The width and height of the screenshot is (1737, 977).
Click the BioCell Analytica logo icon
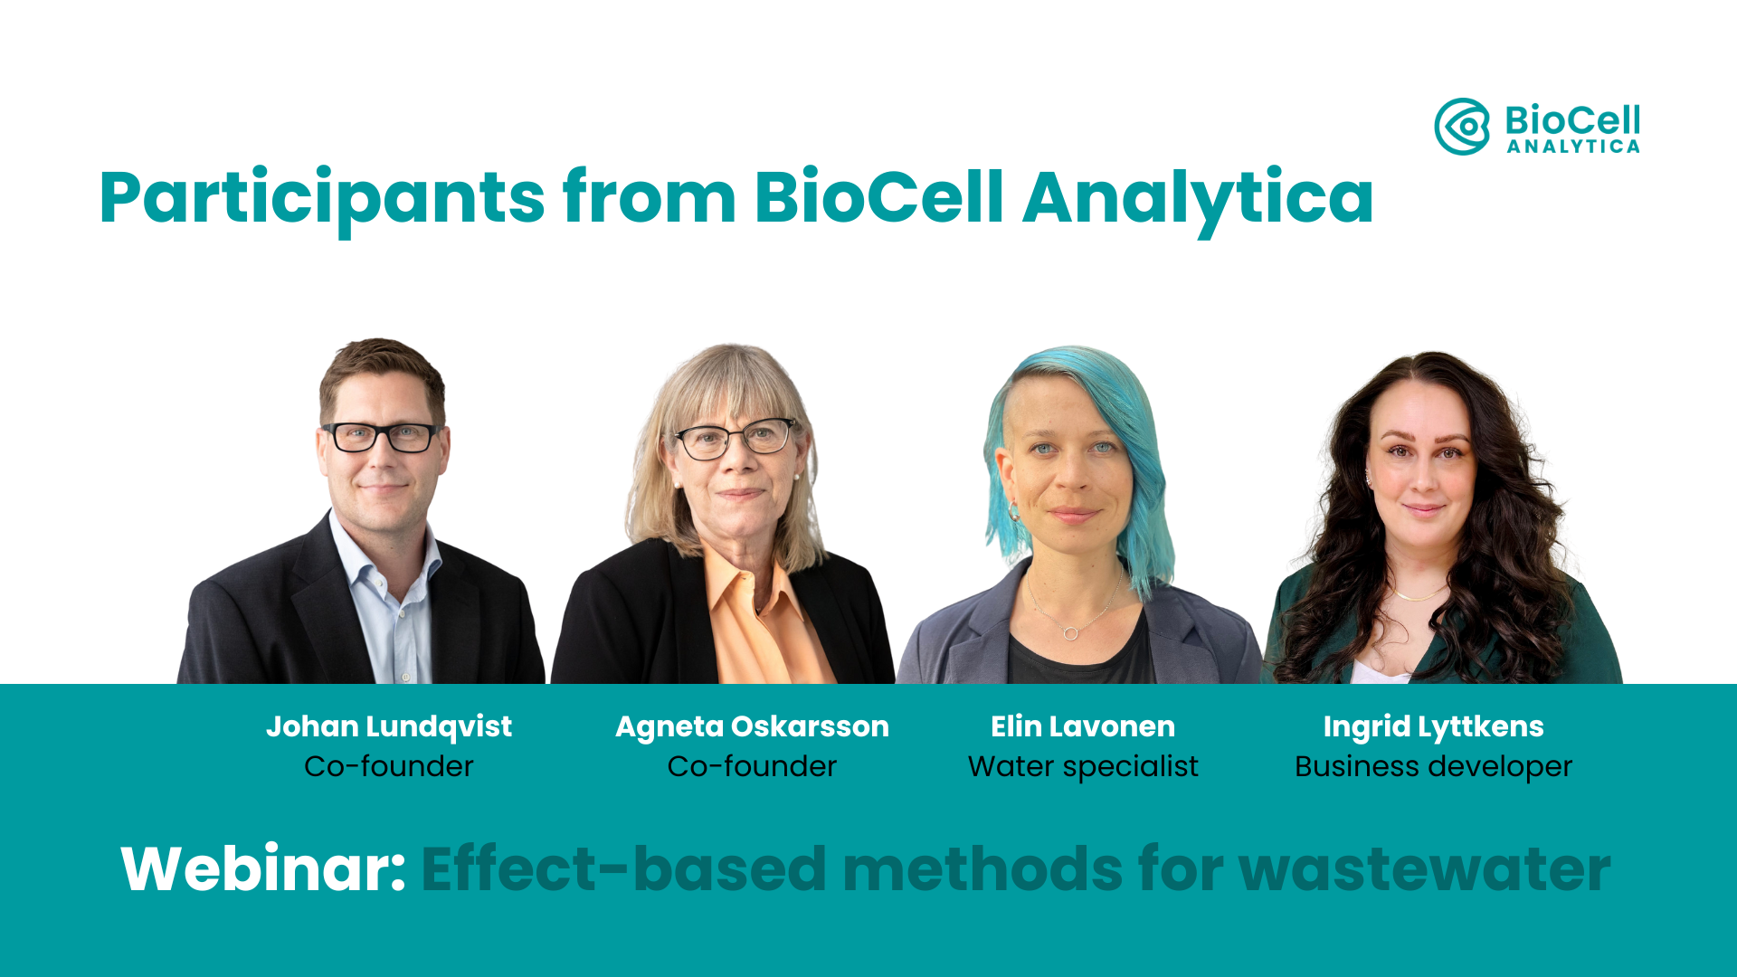[1462, 127]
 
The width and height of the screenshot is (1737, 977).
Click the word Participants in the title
[322, 197]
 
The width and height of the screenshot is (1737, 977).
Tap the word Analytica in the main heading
[1198, 197]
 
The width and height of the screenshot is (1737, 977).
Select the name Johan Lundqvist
[389, 726]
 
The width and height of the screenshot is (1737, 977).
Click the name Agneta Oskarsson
[752, 726]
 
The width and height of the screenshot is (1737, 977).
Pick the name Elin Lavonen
[1083, 726]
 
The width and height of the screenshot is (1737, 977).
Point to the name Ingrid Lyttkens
[1433, 726]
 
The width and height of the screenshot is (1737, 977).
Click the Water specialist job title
[1083, 767]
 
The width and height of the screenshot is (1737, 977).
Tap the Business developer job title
[1433, 767]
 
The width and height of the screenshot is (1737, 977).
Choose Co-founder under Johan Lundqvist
[389, 767]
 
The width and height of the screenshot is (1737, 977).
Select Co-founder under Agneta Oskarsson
[752, 767]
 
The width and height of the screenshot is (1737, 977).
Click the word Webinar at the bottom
[263, 869]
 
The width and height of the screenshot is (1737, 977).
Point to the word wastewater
[1424, 869]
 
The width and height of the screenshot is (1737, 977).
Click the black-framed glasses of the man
[381, 438]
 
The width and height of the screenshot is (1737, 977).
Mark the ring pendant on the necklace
[1071, 632]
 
